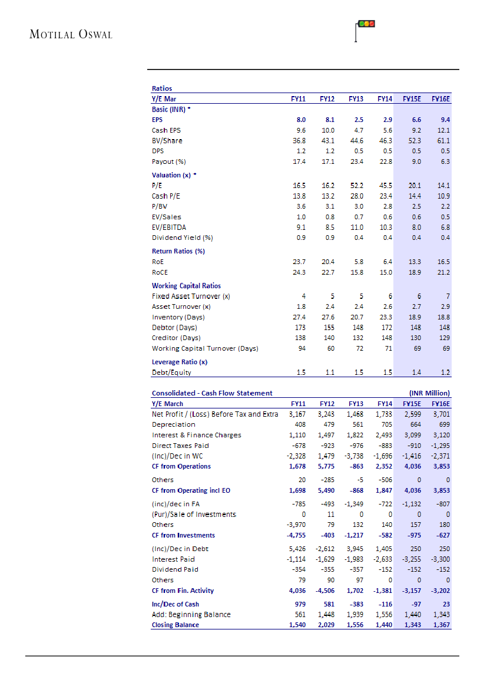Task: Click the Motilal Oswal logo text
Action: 71,34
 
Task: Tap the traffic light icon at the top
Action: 366,25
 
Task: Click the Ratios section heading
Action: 162,88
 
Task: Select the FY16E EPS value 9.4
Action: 445,120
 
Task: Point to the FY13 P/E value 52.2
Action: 356,185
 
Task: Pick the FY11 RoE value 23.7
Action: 299,262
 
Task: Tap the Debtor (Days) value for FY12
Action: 329,327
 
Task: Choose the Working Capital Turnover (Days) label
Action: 205,348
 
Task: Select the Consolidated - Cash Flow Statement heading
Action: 212,393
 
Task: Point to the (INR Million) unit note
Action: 429,393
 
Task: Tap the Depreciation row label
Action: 173,424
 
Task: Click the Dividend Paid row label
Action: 175,569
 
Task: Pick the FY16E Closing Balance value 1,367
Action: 441,625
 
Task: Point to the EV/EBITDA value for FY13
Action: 357,227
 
